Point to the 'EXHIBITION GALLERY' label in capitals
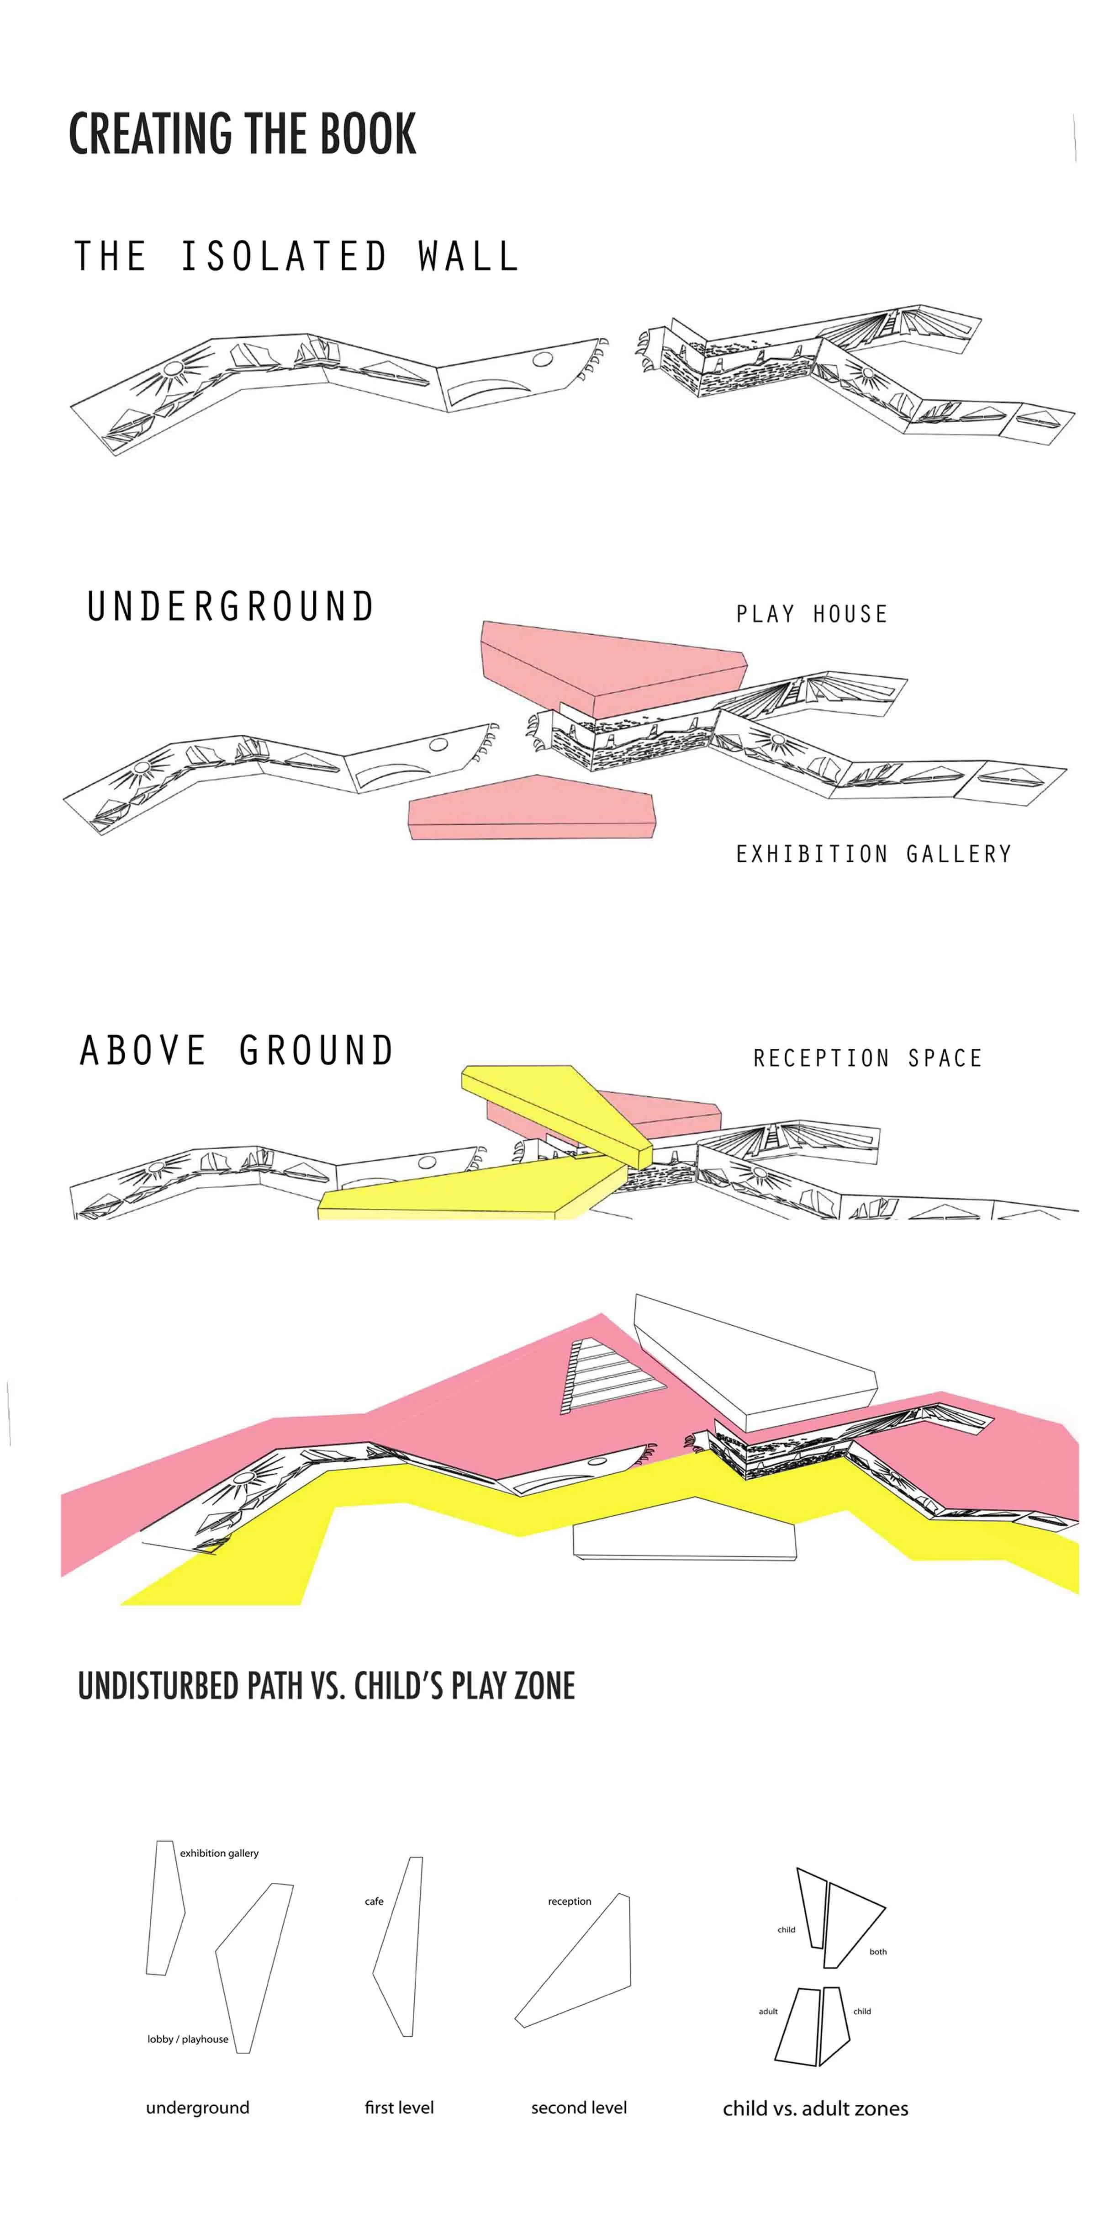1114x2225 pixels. [x=873, y=854]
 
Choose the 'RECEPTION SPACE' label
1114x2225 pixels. [x=867, y=1058]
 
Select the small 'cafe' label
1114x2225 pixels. [x=374, y=1901]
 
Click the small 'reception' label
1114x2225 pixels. [x=569, y=1901]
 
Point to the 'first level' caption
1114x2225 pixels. [x=399, y=2108]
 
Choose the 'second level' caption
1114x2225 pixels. [x=579, y=2108]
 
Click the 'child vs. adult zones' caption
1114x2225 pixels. [x=815, y=2108]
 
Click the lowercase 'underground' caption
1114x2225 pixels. [x=198, y=2108]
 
